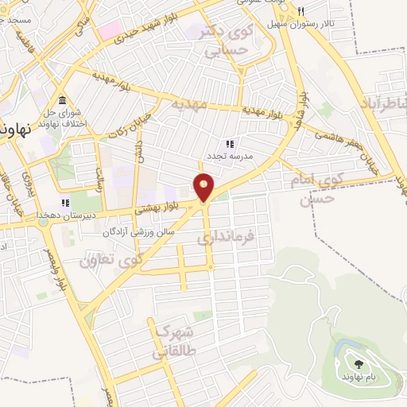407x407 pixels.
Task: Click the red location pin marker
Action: pos(204,187)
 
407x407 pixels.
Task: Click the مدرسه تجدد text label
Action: pos(231,157)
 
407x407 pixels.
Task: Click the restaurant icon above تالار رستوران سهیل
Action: pos(301,11)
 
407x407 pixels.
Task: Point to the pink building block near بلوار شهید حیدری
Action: pos(110,31)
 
